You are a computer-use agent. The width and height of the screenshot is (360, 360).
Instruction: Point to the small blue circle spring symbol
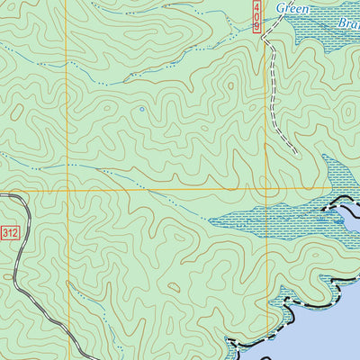tap(140, 110)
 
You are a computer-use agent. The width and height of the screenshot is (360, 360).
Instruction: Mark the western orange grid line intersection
tap(66, 190)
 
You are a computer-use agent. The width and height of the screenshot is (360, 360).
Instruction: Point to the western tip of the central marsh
tap(211, 219)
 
